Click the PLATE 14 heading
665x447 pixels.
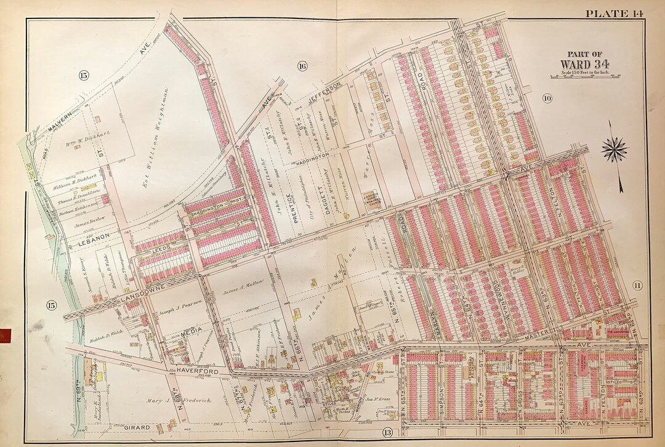[614, 14]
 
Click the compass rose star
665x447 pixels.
[613, 149]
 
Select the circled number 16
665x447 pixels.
[302, 66]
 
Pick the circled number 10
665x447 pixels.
[546, 98]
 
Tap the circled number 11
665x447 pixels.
[637, 284]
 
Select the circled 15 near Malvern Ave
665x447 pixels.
[84, 75]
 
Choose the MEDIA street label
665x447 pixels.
[187, 331]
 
